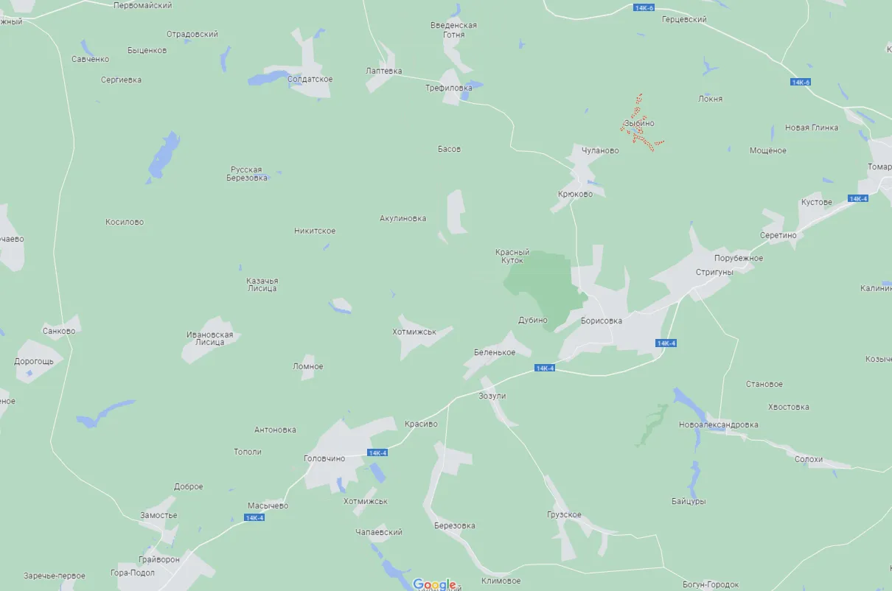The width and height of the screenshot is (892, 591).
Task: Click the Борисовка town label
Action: (601, 321)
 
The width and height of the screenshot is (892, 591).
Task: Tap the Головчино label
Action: (324, 458)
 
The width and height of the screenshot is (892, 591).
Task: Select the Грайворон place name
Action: (158, 560)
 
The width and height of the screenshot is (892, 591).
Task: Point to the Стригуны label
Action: (714, 272)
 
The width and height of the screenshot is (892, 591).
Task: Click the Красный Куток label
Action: (512, 256)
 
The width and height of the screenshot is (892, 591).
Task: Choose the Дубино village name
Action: (533, 321)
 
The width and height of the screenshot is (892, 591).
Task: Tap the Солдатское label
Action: (310, 80)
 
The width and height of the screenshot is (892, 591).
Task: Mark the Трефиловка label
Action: (448, 88)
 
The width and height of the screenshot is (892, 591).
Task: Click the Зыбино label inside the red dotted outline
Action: (638, 124)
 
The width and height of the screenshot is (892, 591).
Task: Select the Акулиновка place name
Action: (403, 219)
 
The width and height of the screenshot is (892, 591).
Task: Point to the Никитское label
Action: (315, 231)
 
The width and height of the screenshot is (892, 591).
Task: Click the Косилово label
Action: (125, 223)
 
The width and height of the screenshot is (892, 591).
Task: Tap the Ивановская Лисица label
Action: (209, 338)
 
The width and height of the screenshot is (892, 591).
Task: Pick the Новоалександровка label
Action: (718, 425)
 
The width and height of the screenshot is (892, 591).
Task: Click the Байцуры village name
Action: (689, 502)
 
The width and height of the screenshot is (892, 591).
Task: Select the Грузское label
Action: (564, 515)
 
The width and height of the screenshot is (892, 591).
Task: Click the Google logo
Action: (434, 584)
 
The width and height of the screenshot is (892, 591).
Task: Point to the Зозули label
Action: (492, 396)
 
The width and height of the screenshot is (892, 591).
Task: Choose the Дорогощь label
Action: (34, 362)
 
